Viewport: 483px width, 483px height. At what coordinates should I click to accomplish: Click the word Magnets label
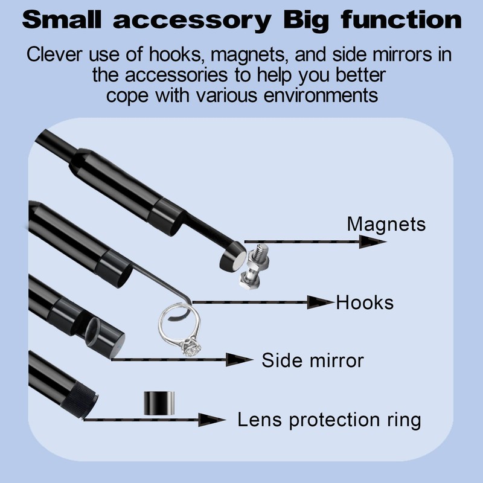coord(386,225)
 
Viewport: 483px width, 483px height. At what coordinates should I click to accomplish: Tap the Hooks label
coord(365,301)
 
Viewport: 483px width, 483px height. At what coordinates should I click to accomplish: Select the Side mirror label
coord(312,360)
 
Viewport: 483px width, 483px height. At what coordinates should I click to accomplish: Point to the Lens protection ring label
coord(328,419)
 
